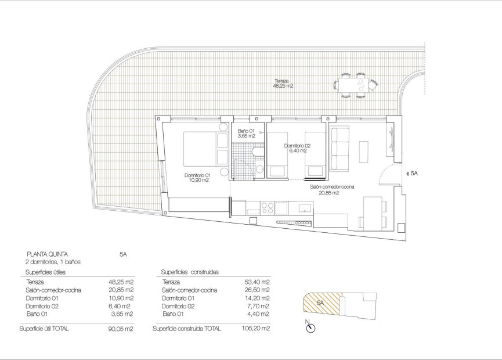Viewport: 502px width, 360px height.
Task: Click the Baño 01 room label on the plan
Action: pyautogui.click(x=246, y=134)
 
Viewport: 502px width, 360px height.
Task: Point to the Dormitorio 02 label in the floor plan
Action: pyautogui.click(x=298, y=146)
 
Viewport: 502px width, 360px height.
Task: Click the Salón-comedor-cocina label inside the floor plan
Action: pyautogui.click(x=332, y=189)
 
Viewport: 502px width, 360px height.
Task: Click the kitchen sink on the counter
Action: pyautogui.click(x=305, y=207)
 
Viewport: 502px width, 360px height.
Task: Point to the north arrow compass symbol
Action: pyautogui.click(x=310, y=327)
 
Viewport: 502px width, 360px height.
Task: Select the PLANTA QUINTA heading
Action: pyautogui.click(x=48, y=254)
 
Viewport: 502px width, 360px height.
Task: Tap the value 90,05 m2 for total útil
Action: pyautogui.click(x=122, y=329)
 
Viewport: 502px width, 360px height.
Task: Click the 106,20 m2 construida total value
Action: pyautogui.click(x=257, y=329)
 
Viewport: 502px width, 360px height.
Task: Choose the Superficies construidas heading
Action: pyautogui.click(x=186, y=272)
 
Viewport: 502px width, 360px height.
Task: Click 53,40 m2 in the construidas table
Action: pyautogui.click(x=258, y=282)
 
